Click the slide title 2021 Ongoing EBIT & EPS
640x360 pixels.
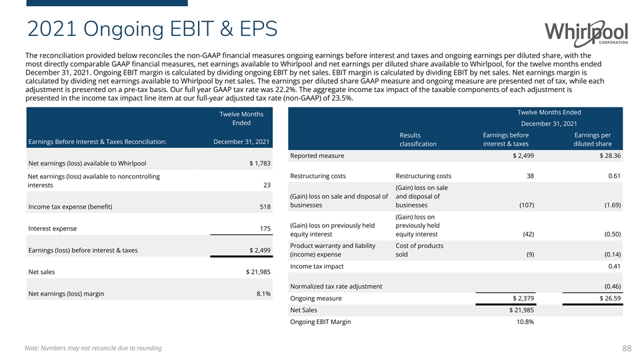(153, 29)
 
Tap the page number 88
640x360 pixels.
(626, 348)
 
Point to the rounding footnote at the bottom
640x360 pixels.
(93, 348)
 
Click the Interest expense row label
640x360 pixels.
(52, 229)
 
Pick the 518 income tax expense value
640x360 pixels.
(265, 207)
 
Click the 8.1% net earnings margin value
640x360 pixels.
(263, 293)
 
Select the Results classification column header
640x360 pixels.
(418, 139)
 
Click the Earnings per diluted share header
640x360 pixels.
(593, 139)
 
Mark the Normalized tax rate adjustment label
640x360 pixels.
(336, 287)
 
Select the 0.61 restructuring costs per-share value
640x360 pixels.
(614, 176)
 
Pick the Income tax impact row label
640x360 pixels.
(317, 267)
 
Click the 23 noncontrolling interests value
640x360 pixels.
(267, 185)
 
